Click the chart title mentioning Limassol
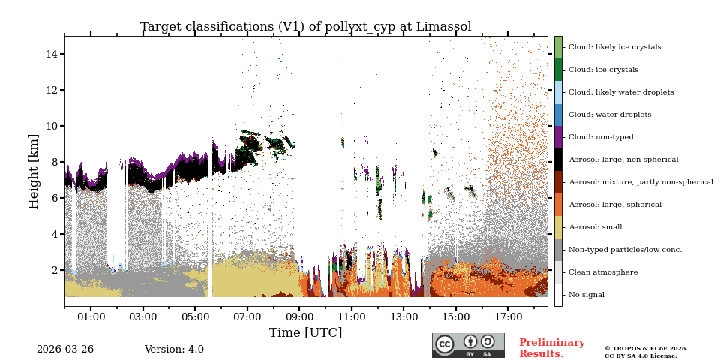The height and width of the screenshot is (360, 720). point(305,27)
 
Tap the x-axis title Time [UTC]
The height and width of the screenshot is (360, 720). point(305,332)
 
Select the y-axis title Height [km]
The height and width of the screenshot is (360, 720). point(34,171)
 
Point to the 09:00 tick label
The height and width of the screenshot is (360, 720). point(299,317)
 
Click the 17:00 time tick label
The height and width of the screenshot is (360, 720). point(508,317)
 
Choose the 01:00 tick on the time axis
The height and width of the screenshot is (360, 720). point(91,317)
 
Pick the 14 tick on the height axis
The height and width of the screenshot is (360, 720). point(52,54)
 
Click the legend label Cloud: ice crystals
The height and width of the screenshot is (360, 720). point(603,70)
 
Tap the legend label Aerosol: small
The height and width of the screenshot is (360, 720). point(595,227)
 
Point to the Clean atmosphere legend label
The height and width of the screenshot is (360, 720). point(602,272)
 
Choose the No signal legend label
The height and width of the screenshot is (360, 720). point(586,295)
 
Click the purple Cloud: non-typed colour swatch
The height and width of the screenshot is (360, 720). point(558,137)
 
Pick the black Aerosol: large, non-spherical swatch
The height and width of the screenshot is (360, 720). point(558,160)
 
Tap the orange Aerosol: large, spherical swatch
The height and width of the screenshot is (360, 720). point(558,205)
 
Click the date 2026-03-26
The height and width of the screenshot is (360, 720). point(65,349)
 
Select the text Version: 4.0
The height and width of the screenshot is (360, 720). point(174,349)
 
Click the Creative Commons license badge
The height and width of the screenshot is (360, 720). point(468,345)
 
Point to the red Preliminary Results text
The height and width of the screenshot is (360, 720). point(551,348)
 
